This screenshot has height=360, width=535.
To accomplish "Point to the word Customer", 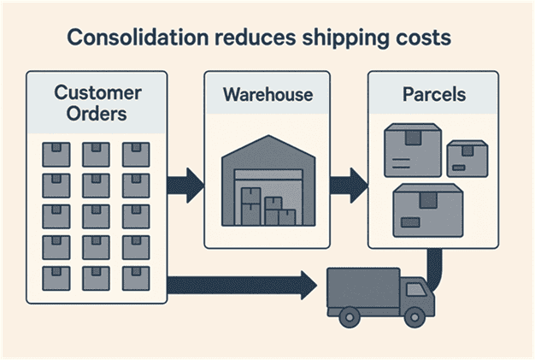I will click(96, 91).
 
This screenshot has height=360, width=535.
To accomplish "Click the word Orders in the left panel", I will click(96, 114).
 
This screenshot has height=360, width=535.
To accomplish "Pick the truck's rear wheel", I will click(350, 317).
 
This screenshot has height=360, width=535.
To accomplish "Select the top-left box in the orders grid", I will click(55, 154).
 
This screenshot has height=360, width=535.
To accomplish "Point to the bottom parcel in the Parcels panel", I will click(427, 210).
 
